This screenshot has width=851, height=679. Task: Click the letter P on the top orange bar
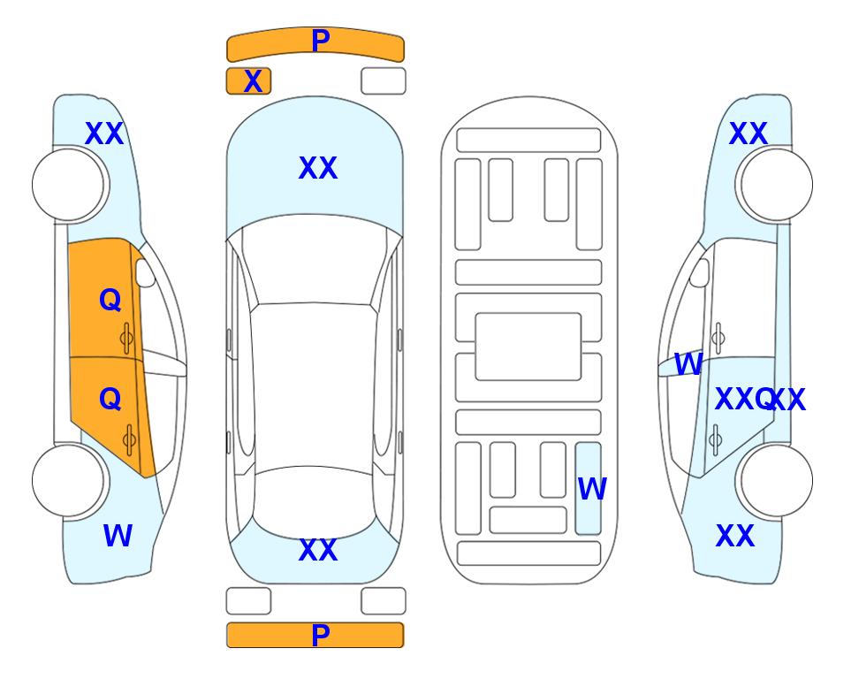pyautogui.click(x=320, y=41)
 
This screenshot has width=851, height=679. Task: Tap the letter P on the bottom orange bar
pyautogui.click(x=320, y=635)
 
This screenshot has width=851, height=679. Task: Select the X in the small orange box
pyautogui.click(x=253, y=81)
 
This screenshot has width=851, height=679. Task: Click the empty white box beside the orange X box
pyautogui.click(x=384, y=81)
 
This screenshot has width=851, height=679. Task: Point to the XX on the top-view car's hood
pyautogui.click(x=318, y=168)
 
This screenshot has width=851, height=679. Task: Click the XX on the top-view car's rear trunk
pyautogui.click(x=318, y=550)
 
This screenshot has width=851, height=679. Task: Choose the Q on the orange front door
pyautogui.click(x=110, y=300)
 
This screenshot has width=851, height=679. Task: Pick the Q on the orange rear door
pyautogui.click(x=110, y=400)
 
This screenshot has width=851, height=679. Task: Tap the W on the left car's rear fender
pyautogui.click(x=118, y=536)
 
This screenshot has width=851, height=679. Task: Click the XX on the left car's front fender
pyautogui.click(x=104, y=134)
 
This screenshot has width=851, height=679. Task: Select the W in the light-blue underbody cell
pyautogui.click(x=592, y=489)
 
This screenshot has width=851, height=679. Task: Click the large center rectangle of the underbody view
pyautogui.click(x=528, y=347)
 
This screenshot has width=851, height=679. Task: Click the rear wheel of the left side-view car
pyautogui.click(x=68, y=480)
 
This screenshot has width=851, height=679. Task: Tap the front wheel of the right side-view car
pyautogui.click(x=775, y=185)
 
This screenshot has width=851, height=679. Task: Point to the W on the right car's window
pyautogui.click(x=688, y=364)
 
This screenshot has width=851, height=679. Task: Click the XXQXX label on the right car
pyautogui.click(x=760, y=400)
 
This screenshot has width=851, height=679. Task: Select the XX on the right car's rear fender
pyautogui.click(x=735, y=536)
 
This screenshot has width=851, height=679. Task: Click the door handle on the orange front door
pyautogui.click(x=126, y=338)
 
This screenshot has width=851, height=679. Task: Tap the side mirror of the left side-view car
pyautogui.click(x=145, y=272)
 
